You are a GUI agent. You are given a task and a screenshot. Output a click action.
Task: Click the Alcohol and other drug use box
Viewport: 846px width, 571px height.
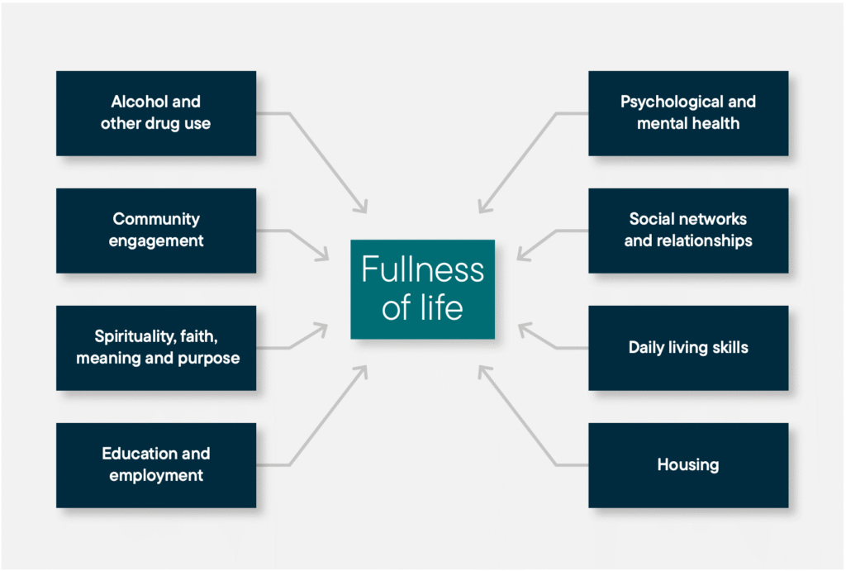coord(156,113)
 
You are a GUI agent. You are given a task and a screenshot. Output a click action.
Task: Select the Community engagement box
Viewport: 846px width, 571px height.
coord(156,231)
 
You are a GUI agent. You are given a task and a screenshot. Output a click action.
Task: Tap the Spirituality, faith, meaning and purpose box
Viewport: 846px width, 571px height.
coord(156,348)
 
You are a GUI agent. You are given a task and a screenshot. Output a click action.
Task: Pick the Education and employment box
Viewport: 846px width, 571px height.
coord(156,465)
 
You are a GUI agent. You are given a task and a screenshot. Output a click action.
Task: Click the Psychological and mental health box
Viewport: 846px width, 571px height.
coord(688,113)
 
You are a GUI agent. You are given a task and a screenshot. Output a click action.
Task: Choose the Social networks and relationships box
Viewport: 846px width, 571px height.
coord(688,231)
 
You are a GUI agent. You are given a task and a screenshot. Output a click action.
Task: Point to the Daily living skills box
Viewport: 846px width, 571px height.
coord(688,348)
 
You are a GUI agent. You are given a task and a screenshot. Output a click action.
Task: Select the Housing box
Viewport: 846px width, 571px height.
coord(688,465)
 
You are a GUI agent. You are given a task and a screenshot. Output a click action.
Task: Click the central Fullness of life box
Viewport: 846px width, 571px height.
coord(422,289)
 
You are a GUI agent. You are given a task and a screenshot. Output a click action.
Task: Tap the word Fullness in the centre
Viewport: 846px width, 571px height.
coord(422,271)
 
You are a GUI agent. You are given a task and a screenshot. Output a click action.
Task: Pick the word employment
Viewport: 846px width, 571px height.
coord(156,476)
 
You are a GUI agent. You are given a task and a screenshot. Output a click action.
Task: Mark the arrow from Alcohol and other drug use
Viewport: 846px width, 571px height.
coord(326,161)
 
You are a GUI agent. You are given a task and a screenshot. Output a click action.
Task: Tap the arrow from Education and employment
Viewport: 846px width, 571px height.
coord(326,417)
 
